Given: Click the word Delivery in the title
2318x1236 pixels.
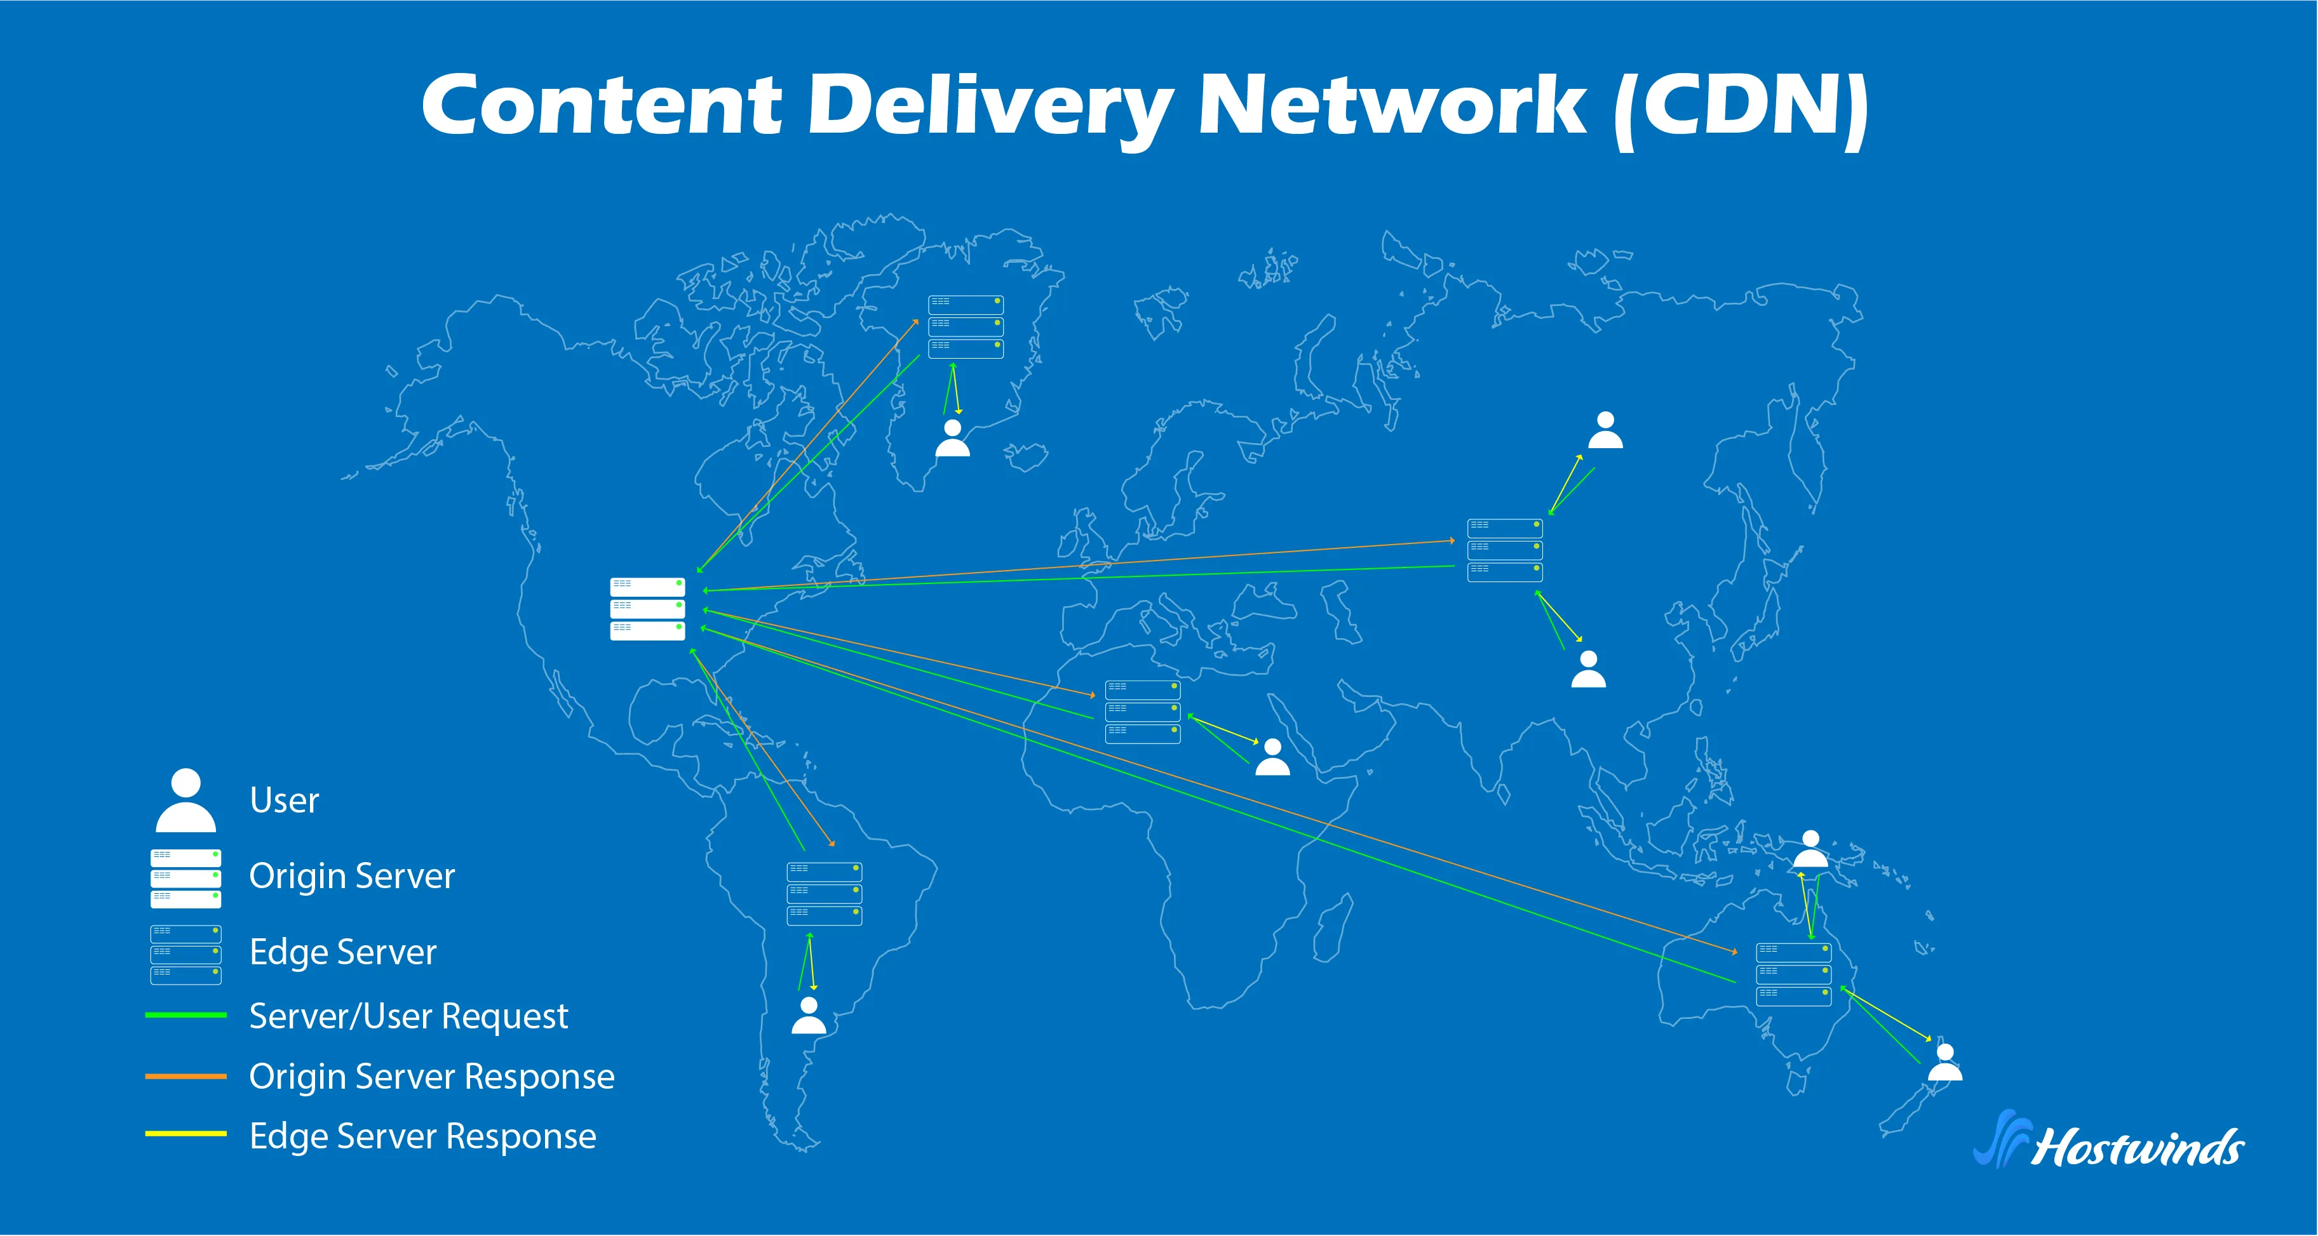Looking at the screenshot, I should point(990,106).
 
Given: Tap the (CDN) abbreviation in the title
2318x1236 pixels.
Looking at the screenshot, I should point(1741,106).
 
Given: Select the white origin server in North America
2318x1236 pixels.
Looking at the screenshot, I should point(647,609).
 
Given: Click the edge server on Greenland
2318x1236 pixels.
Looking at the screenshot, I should point(966,326).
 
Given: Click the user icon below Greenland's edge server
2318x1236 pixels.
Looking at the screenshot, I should point(952,439).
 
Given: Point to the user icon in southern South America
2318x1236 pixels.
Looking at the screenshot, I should point(808,1016).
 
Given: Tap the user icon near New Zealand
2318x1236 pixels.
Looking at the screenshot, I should point(1944,1063).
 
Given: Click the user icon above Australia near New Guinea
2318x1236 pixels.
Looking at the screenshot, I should point(1810,849).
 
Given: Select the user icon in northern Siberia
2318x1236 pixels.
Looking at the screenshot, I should point(1605,431).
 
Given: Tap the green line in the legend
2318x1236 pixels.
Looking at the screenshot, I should point(185,1014).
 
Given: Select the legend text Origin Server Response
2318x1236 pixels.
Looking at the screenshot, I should point(431,1076).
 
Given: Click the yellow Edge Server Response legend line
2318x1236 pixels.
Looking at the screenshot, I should point(185,1133).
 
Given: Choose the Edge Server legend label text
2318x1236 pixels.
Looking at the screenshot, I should point(342,952).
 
